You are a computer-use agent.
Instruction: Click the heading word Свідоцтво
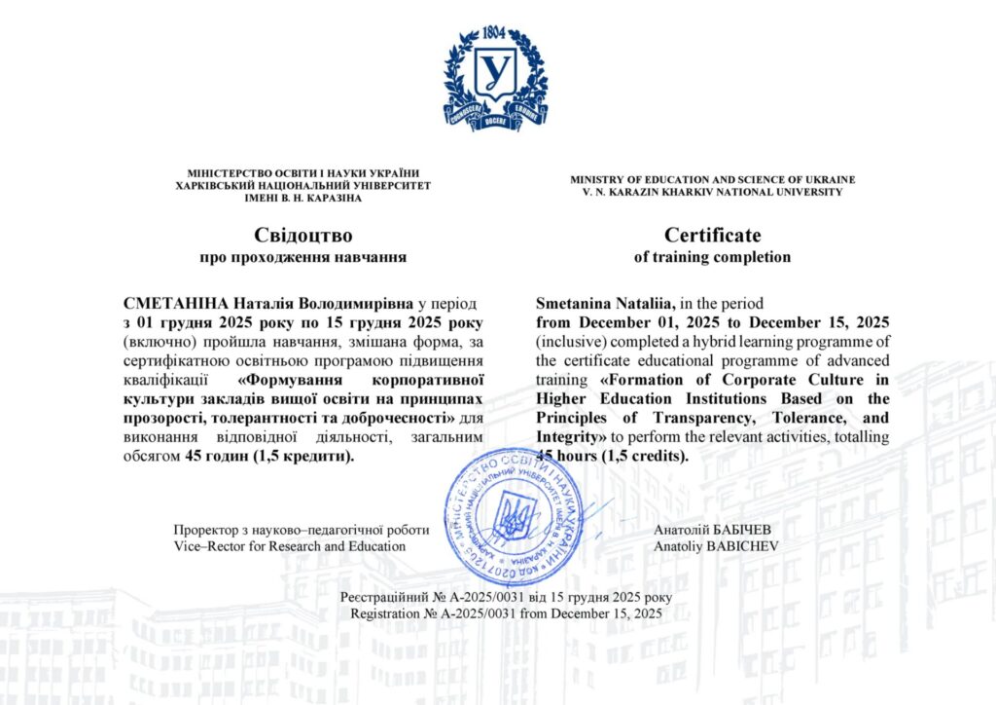302,235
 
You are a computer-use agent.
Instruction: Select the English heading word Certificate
712,235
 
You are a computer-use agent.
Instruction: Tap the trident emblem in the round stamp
513,517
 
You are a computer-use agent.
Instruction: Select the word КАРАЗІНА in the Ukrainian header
332,198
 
